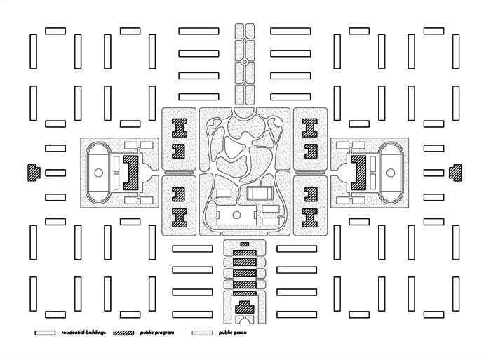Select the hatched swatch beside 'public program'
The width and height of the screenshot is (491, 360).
(123, 333)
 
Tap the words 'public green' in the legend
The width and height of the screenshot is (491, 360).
(232, 333)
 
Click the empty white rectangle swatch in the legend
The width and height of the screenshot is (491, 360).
(44, 333)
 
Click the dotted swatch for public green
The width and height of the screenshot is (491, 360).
(202, 333)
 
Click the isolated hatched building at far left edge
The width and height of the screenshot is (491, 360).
(32, 172)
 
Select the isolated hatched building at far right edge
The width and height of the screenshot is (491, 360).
(457, 171)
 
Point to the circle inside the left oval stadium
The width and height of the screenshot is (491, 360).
(98, 172)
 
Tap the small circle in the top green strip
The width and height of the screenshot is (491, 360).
(244, 62)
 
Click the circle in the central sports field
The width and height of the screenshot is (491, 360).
(236, 215)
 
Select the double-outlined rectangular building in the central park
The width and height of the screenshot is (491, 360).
(258, 192)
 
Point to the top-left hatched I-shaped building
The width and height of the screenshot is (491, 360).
(180, 127)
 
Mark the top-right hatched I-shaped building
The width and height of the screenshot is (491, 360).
(309, 127)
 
